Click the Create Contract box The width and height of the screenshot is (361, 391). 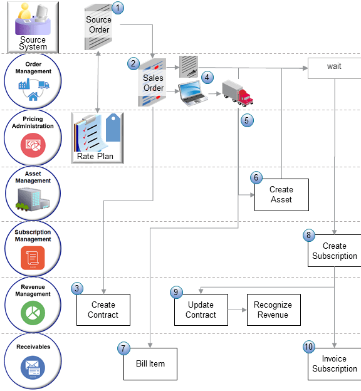coord(103,310)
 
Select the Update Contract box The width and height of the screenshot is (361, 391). coord(201,310)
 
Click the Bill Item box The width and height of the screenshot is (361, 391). coord(150,363)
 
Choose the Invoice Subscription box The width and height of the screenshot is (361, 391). coord(334,363)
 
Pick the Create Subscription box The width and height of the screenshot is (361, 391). coord(335,251)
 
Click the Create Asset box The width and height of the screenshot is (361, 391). coord(281,194)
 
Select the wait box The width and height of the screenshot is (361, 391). coord(334,67)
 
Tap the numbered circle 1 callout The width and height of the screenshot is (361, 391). coord(118,8)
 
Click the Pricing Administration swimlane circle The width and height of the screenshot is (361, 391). coord(33,138)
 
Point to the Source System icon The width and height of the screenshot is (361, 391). coord(33,26)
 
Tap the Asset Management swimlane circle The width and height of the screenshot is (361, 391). coord(33,193)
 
